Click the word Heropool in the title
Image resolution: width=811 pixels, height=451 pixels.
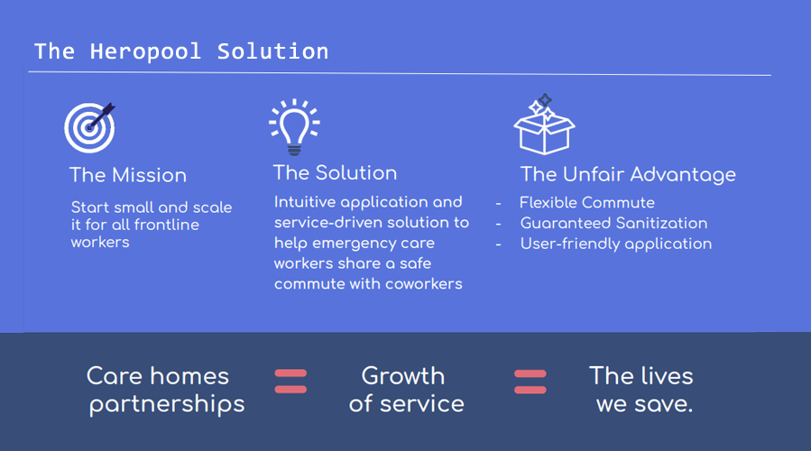click(145, 51)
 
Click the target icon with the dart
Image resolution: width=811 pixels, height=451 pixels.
click(90, 128)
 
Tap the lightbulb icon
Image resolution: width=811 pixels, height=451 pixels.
click(294, 127)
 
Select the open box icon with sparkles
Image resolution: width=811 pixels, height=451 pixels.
click(544, 124)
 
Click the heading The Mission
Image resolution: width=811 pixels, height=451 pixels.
click(128, 175)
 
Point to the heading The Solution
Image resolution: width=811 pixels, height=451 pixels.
click(336, 173)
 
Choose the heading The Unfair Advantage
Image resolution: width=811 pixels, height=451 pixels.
click(628, 175)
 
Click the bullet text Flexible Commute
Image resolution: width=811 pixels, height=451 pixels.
click(587, 203)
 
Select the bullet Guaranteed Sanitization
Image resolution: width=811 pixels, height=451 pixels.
click(614, 223)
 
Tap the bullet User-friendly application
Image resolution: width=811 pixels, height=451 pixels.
click(616, 244)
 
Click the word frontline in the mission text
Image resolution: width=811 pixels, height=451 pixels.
click(166, 225)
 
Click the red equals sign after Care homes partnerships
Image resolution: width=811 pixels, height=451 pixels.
click(290, 382)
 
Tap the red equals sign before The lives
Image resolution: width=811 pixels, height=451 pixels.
click(530, 382)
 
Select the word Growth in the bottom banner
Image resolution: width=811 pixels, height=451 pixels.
click(403, 376)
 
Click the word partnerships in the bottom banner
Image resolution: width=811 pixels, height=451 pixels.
click(167, 404)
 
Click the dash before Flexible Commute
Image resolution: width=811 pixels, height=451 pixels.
click(498, 203)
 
